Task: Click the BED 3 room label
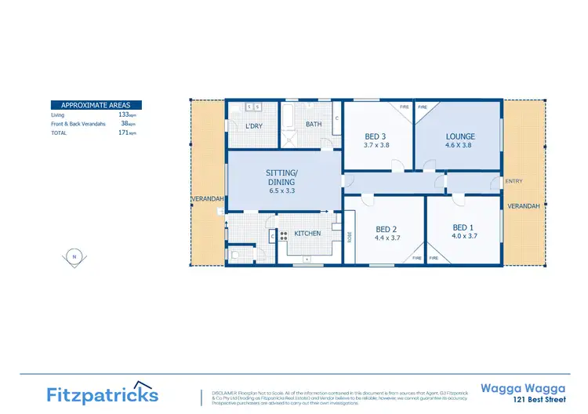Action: click(375, 136)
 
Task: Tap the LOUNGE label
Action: click(461, 136)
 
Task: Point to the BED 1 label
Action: click(463, 227)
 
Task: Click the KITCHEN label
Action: click(307, 233)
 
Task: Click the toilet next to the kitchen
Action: click(235, 253)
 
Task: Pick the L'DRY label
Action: click(254, 126)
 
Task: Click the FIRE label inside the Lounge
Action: click(423, 107)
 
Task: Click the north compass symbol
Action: click(74, 256)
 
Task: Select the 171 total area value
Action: click(123, 133)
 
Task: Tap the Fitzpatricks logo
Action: click(102, 394)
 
